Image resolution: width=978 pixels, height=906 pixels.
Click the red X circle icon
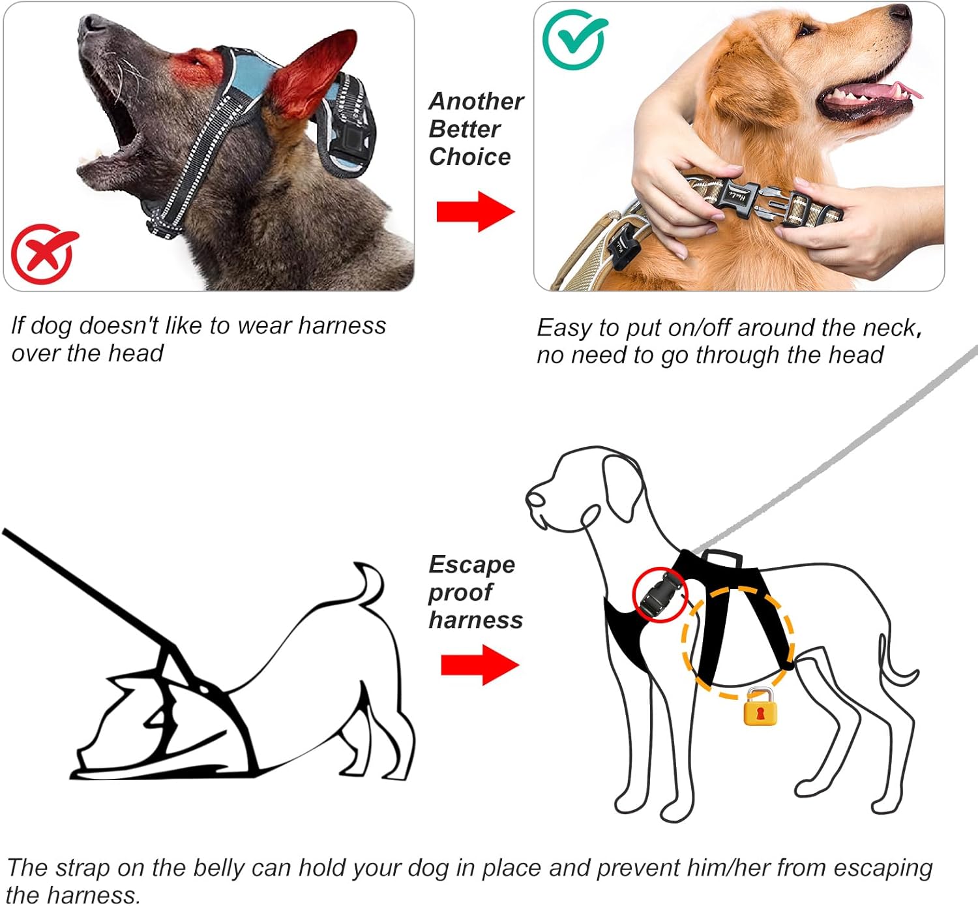(x=42, y=254)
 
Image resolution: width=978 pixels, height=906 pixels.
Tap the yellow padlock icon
(x=760, y=707)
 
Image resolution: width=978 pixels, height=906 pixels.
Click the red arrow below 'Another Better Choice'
(x=475, y=211)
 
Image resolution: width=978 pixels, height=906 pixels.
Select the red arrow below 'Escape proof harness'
(x=480, y=665)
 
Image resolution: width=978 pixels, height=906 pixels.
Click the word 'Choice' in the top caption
(x=469, y=157)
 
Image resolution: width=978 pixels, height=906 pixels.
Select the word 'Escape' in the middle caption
(x=471, y=564)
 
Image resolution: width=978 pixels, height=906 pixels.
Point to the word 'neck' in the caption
(x=888, y=327)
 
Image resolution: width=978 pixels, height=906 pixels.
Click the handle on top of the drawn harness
(x=720, y=557)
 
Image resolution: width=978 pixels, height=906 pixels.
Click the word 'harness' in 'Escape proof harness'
(x=475, y=620)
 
